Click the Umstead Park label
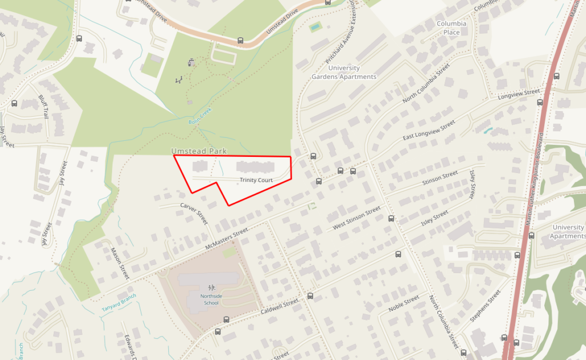pos(199,151)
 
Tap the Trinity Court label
pos(256,180)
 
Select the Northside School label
pos(209,299)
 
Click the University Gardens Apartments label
pos(344,72)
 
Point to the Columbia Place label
pos(452,27)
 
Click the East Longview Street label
pos(429,130)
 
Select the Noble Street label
pos(404,307)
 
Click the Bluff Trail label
pos(43,106)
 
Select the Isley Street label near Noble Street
pos(434,218)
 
